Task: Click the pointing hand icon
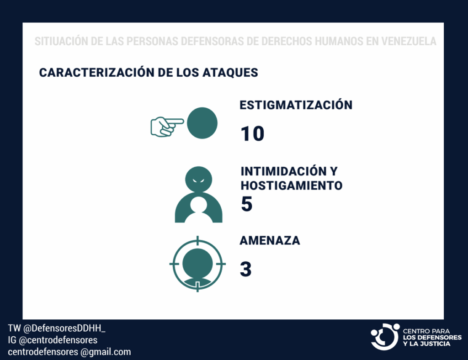(166, 127)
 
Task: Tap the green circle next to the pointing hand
(202, 123)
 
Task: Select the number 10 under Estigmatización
(252, 133)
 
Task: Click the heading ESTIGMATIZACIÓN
(296, 105)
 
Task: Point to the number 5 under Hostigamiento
(247, 204)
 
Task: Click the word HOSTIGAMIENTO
(292, 185)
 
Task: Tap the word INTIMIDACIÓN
(283, 171)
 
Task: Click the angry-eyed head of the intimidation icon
(198, 179)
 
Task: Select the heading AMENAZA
(270, 240)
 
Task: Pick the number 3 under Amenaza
(245, 269)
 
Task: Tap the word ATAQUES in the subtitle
(230, 73)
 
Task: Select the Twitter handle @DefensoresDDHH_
(64, 328)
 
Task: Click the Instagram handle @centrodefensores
(58, 340)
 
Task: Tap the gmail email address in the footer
(69, 352)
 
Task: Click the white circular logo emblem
(385, 337)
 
